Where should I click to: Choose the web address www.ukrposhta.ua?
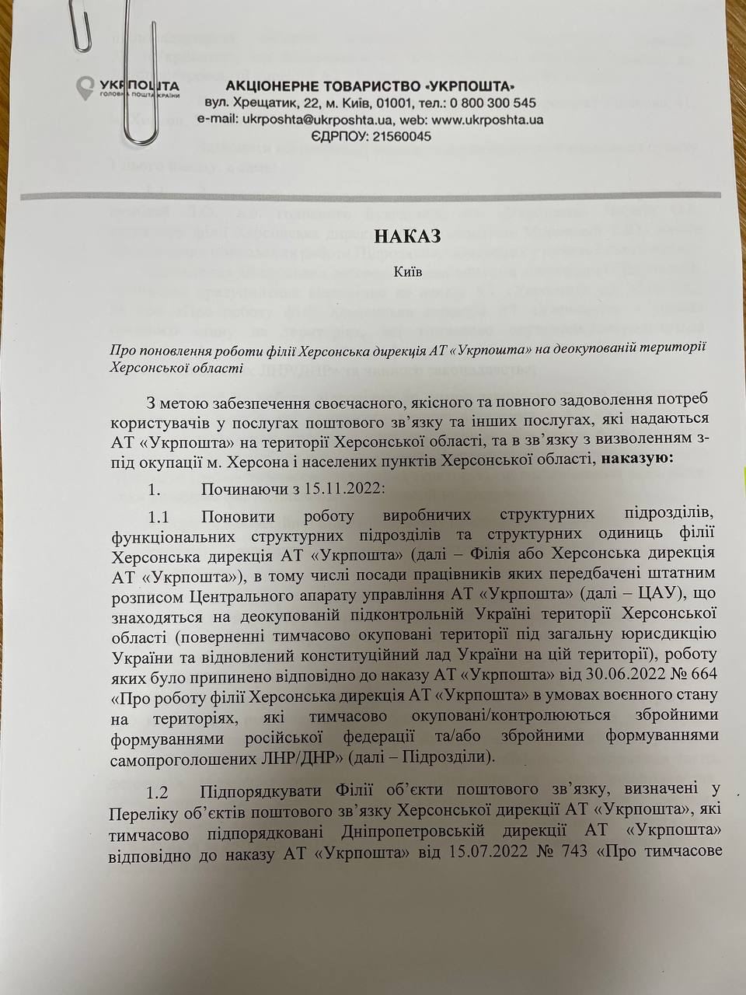(487, 120)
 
